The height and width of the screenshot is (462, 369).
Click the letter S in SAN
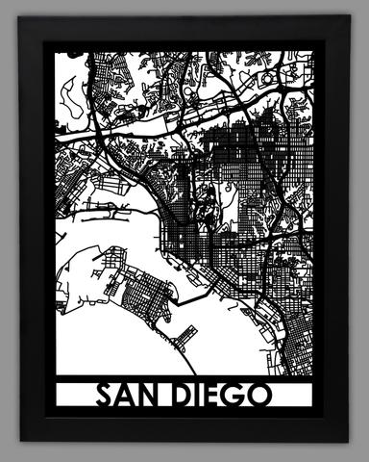(x=105, y=395)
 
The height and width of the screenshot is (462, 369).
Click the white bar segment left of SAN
(x=75, y=395)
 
